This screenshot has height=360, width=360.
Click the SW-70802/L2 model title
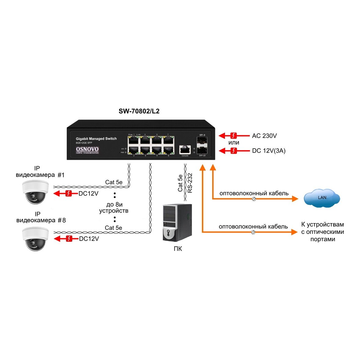pos(139,111)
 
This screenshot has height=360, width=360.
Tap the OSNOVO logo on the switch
pos(87,150)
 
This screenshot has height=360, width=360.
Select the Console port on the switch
pos(185,149)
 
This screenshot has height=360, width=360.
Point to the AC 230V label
pos(264,136)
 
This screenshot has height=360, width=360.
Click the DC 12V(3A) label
pos(269,151)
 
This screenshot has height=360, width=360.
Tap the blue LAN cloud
pos(322,198)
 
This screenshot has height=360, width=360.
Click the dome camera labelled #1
pos(35,192)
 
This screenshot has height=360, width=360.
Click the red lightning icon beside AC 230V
pos(234,136)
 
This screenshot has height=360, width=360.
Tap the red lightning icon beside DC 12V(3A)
pos(234,151)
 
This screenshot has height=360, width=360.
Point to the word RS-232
pos(190,183)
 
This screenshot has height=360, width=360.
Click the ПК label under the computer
pos(178,249)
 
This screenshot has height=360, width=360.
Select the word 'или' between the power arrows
pos(234,143)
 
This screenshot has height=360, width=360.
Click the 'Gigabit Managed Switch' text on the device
pos(96,139)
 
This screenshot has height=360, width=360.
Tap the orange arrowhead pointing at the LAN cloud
pos(295,199)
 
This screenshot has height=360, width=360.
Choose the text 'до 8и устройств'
pos(114,208)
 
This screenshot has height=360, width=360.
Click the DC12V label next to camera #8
pos(89,239)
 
